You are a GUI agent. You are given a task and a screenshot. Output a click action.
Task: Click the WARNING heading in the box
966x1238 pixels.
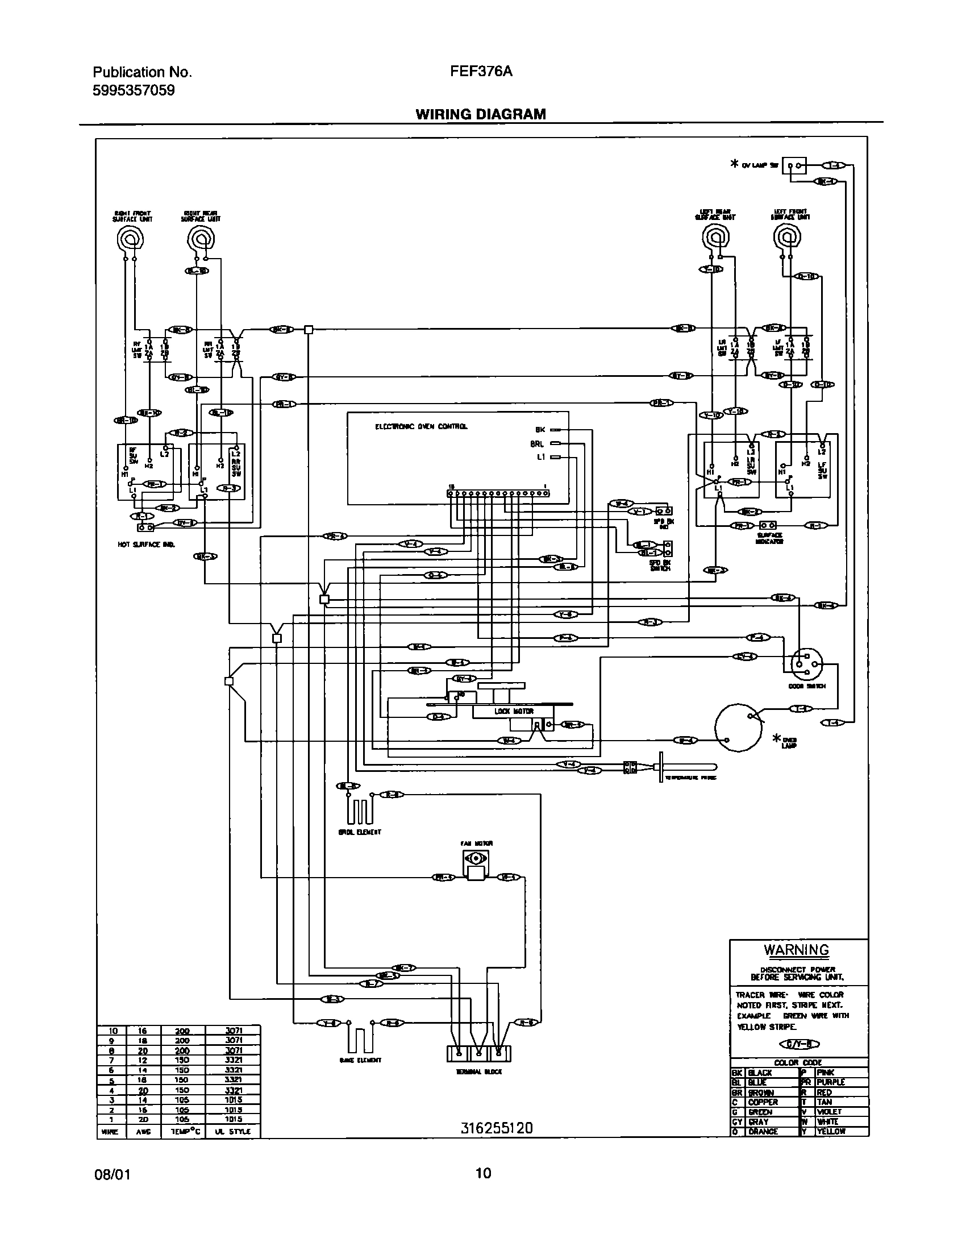[796, 950]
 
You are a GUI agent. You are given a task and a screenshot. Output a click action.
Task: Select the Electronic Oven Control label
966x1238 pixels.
[421, 426]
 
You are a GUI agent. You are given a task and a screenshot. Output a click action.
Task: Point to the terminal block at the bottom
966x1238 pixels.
[478, 1053]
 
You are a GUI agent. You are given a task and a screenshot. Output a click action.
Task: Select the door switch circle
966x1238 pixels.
[806, 663]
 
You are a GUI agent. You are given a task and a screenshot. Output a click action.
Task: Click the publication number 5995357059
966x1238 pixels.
[134, 90]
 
